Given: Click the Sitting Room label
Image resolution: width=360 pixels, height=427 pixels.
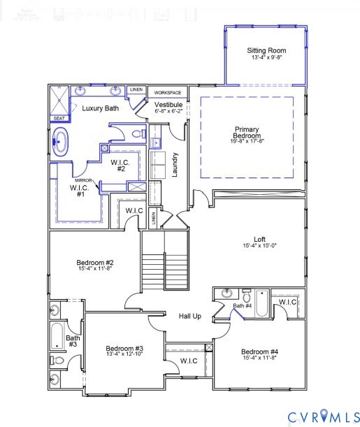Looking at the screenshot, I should pyautogui.click(x=266, y=50).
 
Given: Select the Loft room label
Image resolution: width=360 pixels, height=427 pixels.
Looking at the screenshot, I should pyautogui.click(x=260, y=239).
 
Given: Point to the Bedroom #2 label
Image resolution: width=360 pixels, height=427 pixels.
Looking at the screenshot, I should pyautogui.click(x=95, y=263).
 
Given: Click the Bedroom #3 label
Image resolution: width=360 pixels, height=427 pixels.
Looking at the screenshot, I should pyautogui.click(x=124, y=349).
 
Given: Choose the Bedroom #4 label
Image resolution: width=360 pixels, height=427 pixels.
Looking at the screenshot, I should pyautogui.click(x=259, y=351).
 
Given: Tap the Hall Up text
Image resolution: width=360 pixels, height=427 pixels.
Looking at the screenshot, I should pyautogui.click(x=189, y=316).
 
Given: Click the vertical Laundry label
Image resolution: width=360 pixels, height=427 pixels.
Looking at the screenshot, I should pyautogui.click(x=175, y=165).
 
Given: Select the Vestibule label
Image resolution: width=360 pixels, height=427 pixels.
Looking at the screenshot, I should pyautogui.click(x=168, y=104).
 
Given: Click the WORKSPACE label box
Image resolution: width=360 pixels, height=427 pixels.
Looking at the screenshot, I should pyautogui.click(x=168, y=92).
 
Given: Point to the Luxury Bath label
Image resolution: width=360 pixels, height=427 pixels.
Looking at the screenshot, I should pyautogui.click(x=100, y=108).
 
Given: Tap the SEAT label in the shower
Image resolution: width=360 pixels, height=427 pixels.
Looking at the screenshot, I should pyautogui.click(x=59, y=119).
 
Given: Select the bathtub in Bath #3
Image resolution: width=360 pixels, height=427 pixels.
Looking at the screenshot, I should pyautogui.click(x=56, y=336).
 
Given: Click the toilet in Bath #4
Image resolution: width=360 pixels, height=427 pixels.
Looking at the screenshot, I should pyautogui.click(x=245, y=294).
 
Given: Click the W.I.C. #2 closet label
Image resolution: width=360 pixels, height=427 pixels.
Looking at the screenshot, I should pyautogui.click(x=118, y=165).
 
